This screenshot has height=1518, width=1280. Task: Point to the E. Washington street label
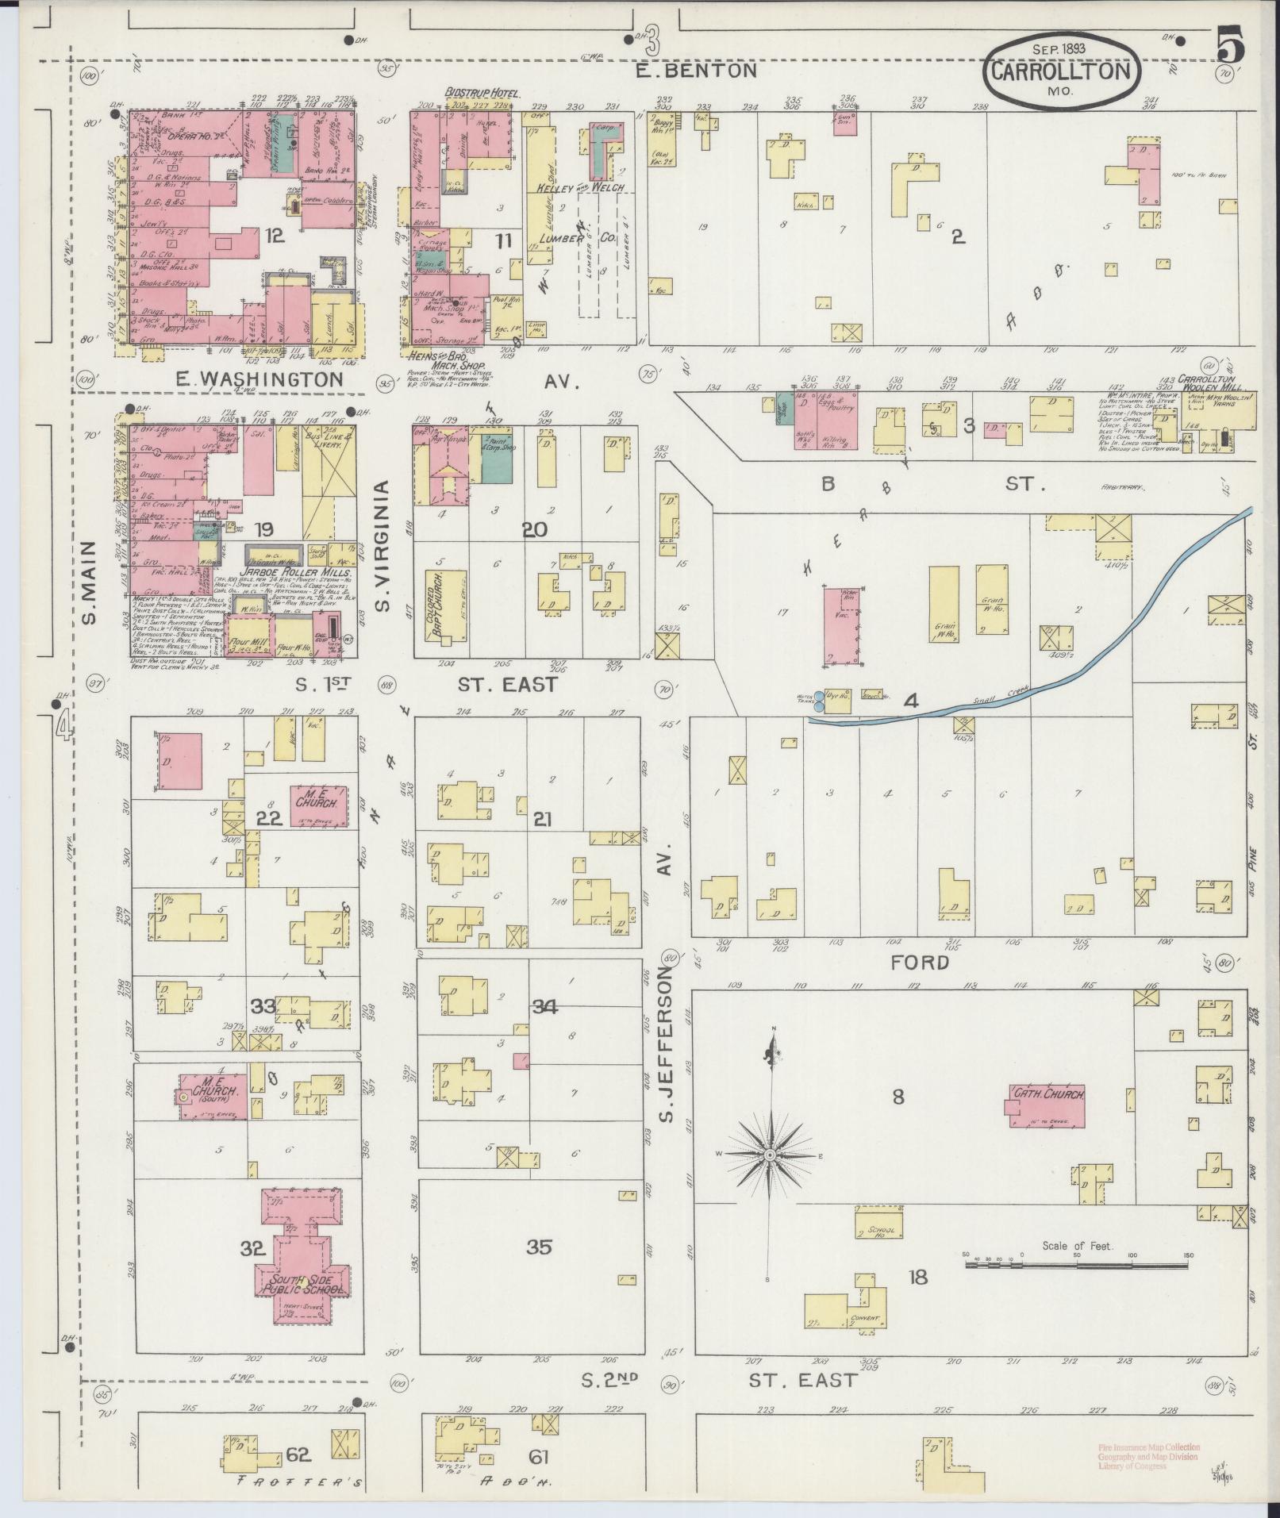tap(259, 380)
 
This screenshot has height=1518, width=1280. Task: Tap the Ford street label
tap(920, 963)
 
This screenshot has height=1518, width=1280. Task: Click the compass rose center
tap(769, 1155)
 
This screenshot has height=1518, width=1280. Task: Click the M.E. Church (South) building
tap(211, 1096)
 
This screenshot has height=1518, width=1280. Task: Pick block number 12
tap(275, 235)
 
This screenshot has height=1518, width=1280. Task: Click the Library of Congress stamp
tap(1148, 1456)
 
